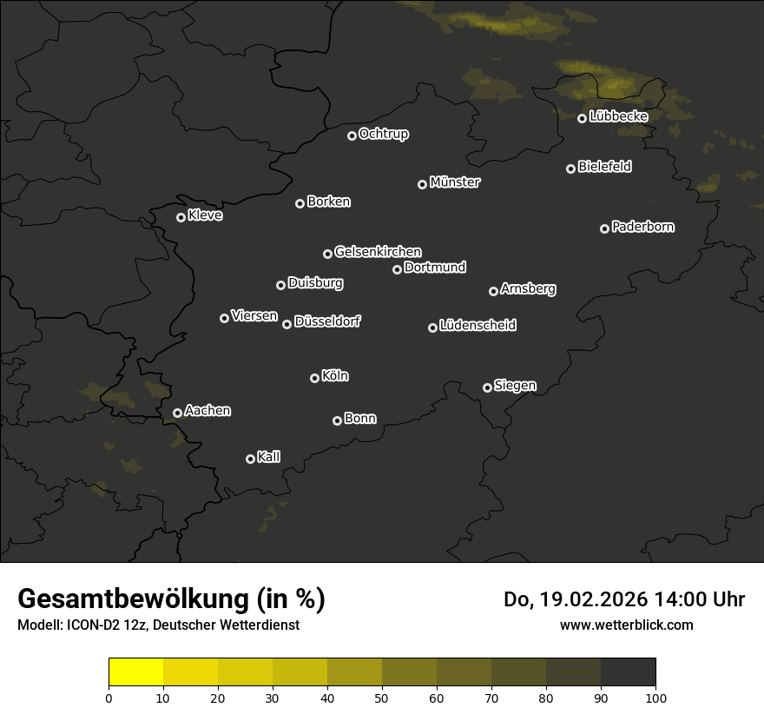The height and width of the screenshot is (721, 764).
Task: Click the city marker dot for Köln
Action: [314, 378]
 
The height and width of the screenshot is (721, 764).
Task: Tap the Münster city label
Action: [455, 182]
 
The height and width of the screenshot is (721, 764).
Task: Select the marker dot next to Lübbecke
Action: [582, 118]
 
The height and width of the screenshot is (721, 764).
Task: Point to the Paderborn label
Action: [643, 227]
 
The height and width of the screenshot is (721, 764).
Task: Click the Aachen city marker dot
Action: [177, 413]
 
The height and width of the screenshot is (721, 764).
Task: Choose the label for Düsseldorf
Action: [327, 321]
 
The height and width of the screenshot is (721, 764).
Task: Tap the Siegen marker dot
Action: [487, 387]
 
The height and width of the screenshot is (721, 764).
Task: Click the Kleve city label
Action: [205, 215]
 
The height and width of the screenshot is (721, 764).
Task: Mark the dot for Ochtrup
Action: [352, 136]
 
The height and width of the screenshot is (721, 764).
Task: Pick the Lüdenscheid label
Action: [478, 326]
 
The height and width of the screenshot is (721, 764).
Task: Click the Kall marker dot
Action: [250, 459]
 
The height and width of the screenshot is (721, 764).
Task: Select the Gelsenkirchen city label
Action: [378, 252]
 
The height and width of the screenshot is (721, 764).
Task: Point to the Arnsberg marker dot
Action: [493, 291]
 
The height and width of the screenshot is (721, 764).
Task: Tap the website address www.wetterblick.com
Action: [627, 625]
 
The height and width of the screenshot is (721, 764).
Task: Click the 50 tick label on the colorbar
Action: [382, 697]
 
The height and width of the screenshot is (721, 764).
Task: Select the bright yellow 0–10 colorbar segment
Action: [136, 672]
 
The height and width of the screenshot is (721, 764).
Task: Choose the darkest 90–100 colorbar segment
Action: [628, 672]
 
